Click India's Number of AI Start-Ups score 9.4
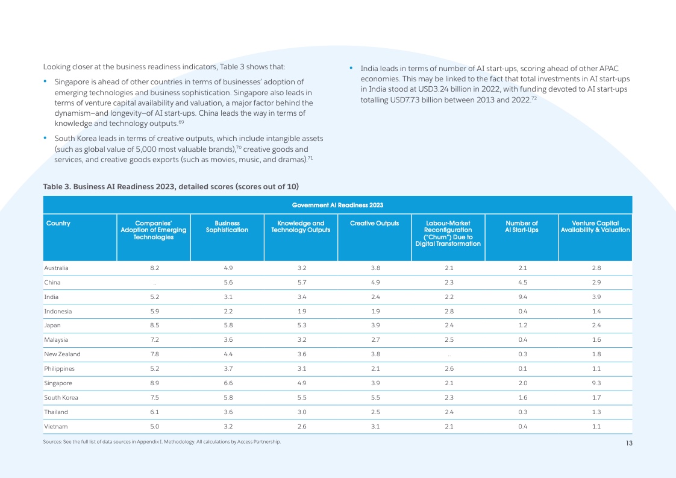[522, 297]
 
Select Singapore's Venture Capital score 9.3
[595, 383]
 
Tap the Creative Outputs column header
[374, 224]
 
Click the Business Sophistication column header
[227, 227]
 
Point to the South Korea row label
[61, 398]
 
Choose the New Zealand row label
[62, 354]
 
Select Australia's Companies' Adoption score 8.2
[154, 268]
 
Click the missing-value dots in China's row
[154, 283]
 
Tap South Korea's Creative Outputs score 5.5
[374, 398]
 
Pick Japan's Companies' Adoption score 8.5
[154, 325]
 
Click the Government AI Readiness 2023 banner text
[337, 206]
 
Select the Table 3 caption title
[171, 185]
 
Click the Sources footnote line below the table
[162, 442]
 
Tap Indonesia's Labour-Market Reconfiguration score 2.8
[448, 311]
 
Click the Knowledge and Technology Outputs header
[301, 227]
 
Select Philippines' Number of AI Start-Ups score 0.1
[522, 369]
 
